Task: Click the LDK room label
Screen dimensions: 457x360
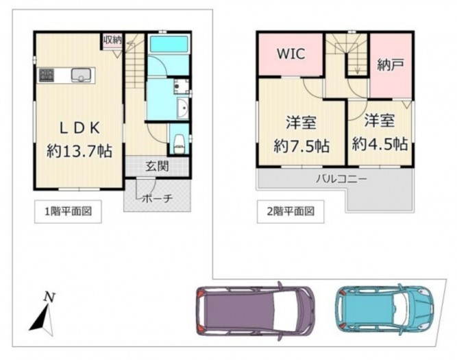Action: tap(80, 128)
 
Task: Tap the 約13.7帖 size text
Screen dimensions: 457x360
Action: tap(79, 151)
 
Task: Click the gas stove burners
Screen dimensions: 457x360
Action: tap(47, 75)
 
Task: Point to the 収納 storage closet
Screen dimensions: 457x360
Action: tap(112, 40)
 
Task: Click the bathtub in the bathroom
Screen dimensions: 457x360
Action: tap(169, 45)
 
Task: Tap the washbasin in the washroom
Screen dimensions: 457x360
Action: tap(182, 108)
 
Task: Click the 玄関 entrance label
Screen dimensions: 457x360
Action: tap(157, 167)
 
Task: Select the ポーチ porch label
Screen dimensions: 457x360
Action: tap(157, 199)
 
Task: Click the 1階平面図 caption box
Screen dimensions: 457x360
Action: tap(68, 211)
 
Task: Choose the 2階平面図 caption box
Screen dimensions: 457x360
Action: tap(291, 211)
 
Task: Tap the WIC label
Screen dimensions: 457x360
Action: tap(291, 53)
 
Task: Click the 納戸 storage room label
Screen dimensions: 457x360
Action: tap(391, 65)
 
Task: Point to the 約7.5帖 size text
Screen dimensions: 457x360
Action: tap(301, 145)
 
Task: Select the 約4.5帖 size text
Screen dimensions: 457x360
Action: tap(380, 143)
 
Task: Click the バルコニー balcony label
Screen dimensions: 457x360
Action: tap(342, 178)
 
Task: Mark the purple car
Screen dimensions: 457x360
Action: tap(255, 311)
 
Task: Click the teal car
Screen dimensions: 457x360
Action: tap(384, 310)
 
